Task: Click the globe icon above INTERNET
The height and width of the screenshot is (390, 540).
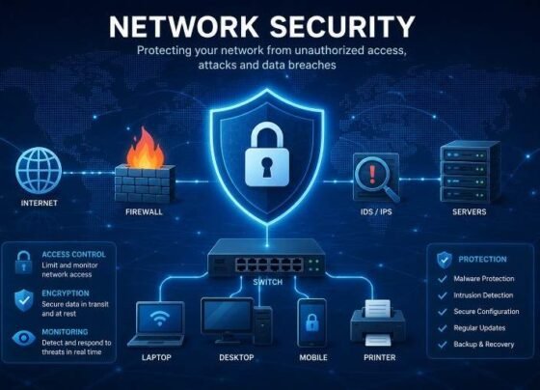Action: (x=39, y=170)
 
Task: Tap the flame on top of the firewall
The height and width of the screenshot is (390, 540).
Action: (x=145, y=149)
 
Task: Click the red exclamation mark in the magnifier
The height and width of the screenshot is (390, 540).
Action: (x=372, y=174)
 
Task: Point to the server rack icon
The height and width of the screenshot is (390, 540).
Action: (x=470, y=172)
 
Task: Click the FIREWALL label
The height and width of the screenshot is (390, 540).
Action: (x=144, y=211)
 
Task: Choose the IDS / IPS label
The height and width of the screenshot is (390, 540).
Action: (x=376, y=211)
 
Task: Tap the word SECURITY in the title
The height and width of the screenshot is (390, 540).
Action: (x=342, y=27)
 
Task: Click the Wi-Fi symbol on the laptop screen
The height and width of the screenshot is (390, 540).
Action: (x=159, y=319)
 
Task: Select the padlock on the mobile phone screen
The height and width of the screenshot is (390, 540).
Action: (x=312, y=322)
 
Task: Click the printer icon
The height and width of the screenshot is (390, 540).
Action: (x=378, y=322)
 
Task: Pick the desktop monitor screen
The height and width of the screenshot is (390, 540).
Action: (x=228, y=316)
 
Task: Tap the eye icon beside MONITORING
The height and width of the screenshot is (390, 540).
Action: (x=23, y=338)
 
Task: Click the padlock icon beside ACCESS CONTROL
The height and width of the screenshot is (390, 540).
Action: (x=23, y=263)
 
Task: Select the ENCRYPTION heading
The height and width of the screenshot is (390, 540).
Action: (x=66, y=293)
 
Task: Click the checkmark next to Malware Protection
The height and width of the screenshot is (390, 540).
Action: (x=443, y=279)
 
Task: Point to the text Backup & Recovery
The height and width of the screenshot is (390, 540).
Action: (x=484, y=344)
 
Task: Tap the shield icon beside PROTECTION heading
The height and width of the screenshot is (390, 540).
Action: (x=445, y=260)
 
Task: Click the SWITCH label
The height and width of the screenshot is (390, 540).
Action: (x=268, y=282)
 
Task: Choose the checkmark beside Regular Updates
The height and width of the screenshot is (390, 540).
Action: (x=443, y=328)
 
